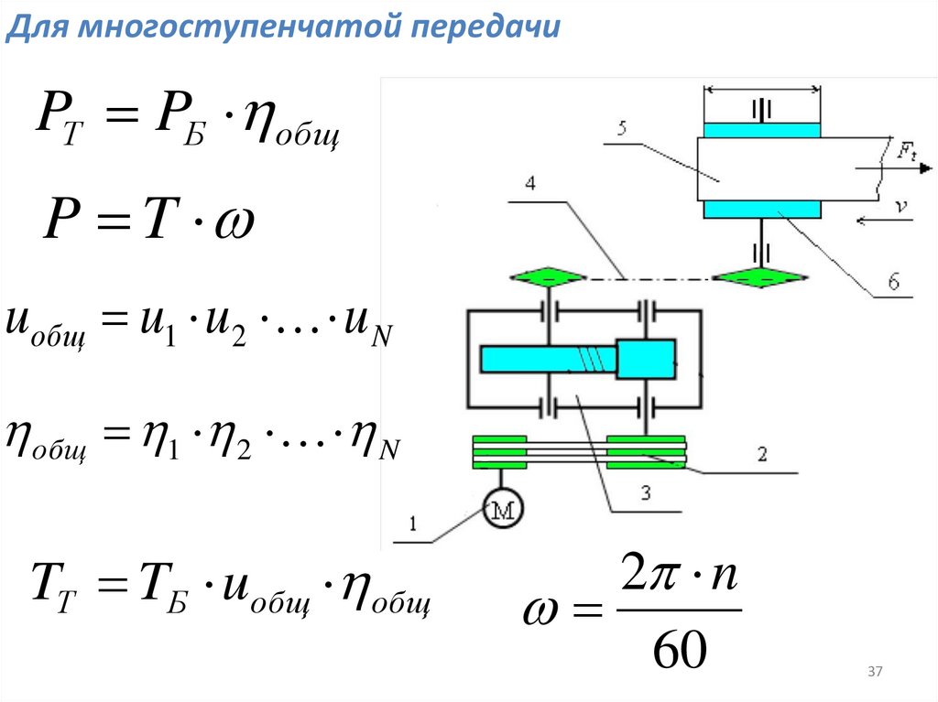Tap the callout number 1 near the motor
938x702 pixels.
[x=413, y=524]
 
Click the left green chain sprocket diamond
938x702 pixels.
[x=547, y=276]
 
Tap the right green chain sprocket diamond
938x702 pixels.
[x=760, y=276]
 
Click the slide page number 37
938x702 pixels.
[x=874, y=673]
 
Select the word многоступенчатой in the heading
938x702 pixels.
[x=234, y=27]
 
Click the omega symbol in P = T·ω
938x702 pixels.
[x=234, y=221]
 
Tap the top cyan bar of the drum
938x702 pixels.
[x=761, y=130]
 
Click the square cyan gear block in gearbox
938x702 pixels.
[x=647, y=358]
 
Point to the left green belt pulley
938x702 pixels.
[x=500, y=452]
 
